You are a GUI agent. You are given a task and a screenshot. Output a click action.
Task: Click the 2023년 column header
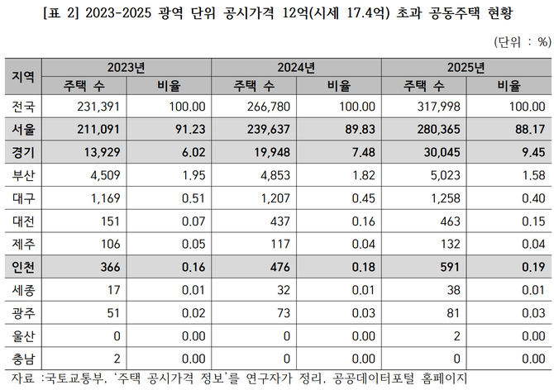(x=127, y=67)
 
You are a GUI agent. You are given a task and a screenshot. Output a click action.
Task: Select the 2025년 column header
(x=466, y=67)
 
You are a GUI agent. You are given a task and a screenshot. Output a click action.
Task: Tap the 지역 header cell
(x=22, y=76)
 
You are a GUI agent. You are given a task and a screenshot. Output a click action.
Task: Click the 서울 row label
(x=22, y=128)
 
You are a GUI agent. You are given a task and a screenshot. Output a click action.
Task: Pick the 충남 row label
(x=22, y=359)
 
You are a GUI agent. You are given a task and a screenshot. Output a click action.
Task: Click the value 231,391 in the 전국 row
(x=99, y=106)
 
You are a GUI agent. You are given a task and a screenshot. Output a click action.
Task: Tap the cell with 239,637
(x=268, y=128)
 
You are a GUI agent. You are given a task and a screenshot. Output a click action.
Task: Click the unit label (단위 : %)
(x=521, y=40)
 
